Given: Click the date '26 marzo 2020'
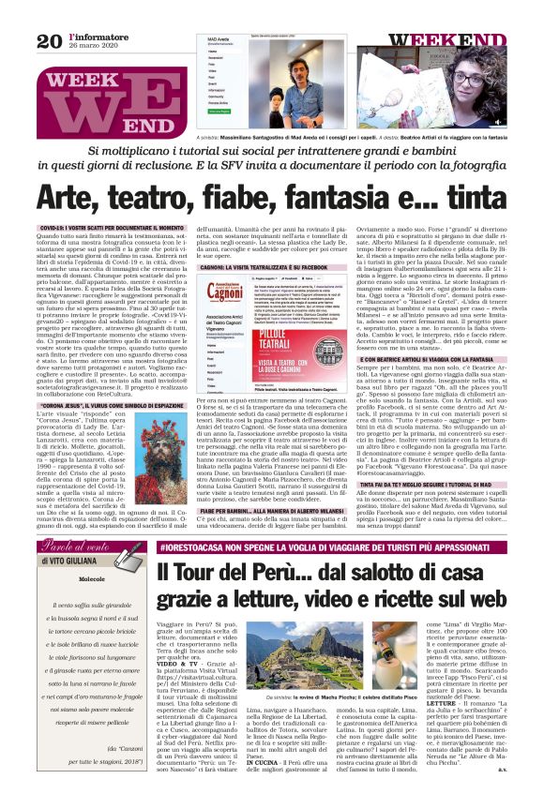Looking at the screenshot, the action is tap(92, 47).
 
